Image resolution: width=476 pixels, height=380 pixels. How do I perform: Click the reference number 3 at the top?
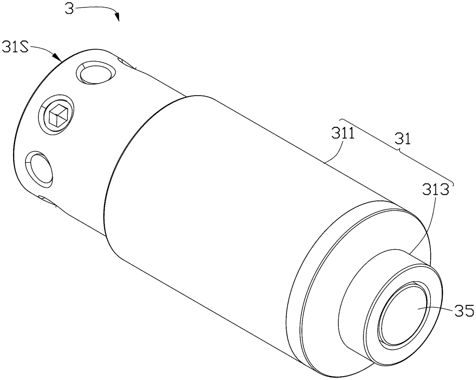click(70, 9)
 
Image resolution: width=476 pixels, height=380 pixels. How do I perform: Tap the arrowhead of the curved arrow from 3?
click(117, 17)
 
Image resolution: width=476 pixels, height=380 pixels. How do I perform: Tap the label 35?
click(463, 309)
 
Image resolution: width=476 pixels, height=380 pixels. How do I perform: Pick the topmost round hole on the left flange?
click(95, 73)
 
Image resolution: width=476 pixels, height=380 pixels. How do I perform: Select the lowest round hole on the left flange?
click(38, 169)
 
